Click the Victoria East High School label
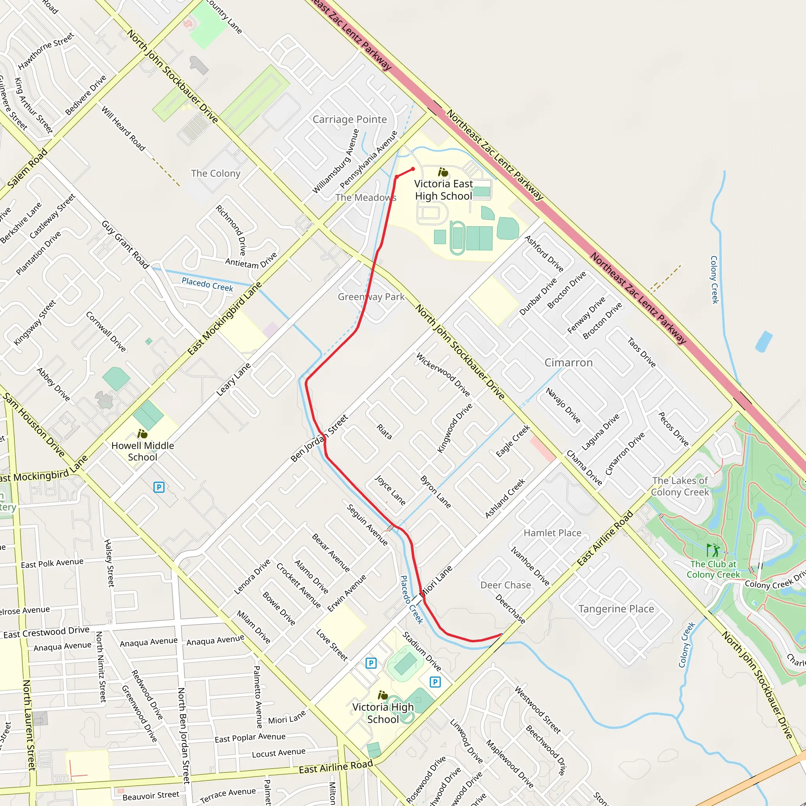[443, 190]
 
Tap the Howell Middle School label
[143, 451]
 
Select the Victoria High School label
[383, 713]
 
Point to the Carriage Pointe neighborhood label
[349, 119]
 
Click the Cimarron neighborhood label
[569, 362]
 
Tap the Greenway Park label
[371, 297]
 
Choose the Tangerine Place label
[616, 609]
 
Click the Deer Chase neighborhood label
[506, 585]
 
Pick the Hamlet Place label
[552, 533]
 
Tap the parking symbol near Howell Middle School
[159, 487]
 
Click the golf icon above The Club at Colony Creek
[713, 550]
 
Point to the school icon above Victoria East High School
[443, 172]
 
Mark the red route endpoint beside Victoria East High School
[413, 169]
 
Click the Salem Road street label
[28, 168]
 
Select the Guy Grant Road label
[125, 244]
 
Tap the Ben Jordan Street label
[319, 438]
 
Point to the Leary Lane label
[233, 379]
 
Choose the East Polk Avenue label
[52, 563]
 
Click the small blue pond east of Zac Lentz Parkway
[763, 341]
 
